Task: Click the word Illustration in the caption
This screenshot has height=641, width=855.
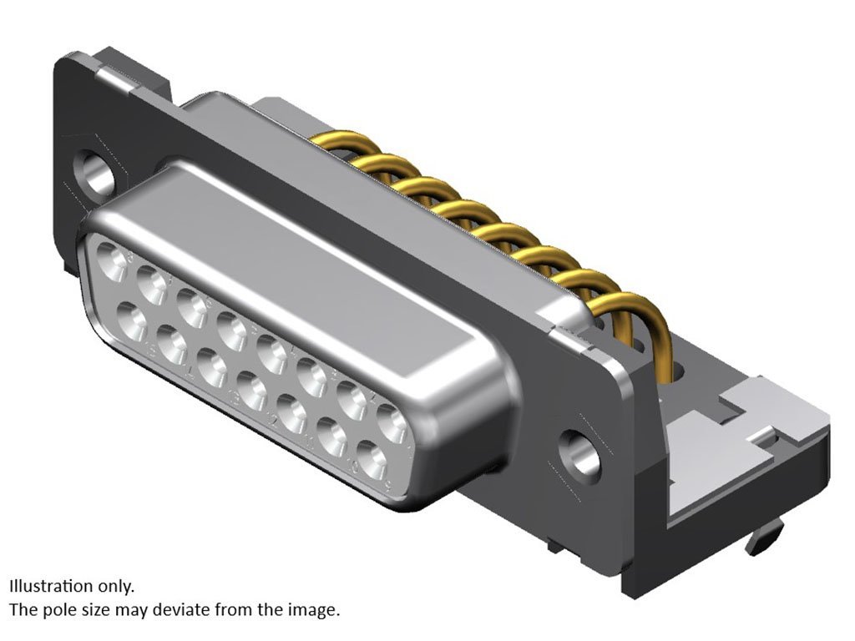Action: click(51, 586)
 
